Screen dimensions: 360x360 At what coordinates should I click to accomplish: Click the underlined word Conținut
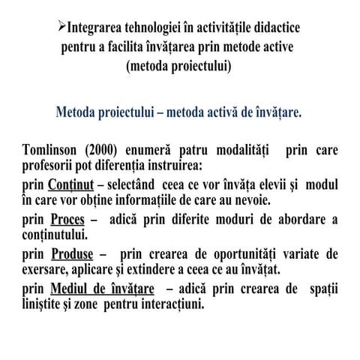pos(70,184)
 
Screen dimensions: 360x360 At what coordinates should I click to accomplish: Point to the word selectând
pos(139,184)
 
